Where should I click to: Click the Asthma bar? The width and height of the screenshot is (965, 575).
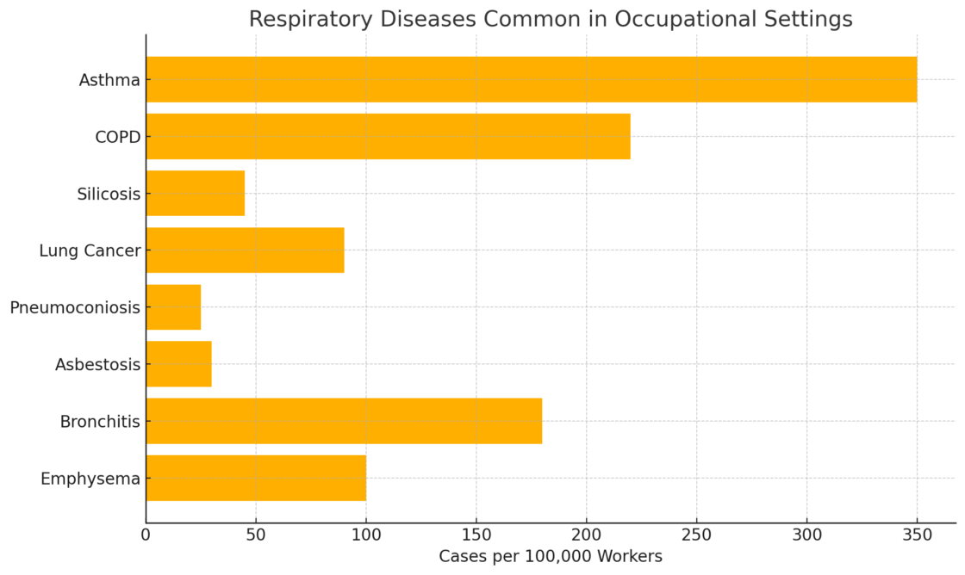[531, 79]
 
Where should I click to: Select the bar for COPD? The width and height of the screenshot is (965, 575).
[388, 136]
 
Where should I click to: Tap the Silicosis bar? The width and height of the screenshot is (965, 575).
[195, 193]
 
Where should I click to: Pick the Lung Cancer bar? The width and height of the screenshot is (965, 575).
[245, 250]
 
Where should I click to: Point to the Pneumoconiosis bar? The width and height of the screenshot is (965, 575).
[173, 307]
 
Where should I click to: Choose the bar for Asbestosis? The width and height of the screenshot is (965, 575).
[178, 364]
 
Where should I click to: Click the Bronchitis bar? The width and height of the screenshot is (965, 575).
[344, 421]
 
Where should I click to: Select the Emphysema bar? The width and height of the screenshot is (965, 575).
[256, 478]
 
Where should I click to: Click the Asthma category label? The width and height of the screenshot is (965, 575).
[109, 80]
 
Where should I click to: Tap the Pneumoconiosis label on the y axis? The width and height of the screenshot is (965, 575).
[75, 307]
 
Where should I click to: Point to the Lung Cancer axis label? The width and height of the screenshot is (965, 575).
[90, 250]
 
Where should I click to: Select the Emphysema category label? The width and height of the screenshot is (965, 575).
[90, 479]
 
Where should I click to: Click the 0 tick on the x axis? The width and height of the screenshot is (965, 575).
[146, 535]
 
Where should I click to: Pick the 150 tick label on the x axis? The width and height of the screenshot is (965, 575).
[476, 535]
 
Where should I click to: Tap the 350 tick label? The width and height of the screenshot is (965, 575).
[917, 535]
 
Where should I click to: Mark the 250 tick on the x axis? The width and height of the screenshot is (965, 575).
[696, 535]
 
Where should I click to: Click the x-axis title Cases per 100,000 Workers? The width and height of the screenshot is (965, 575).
[551, 557]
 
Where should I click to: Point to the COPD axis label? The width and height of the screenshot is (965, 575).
[118, 137]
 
